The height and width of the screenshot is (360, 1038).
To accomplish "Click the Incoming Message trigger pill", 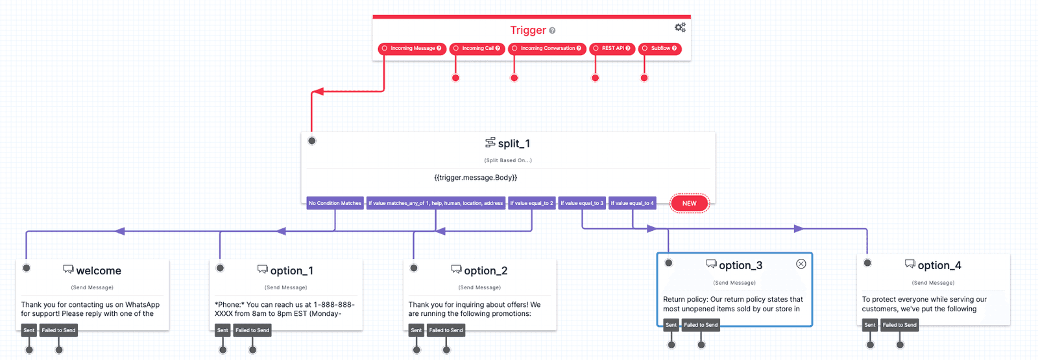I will point(412,49).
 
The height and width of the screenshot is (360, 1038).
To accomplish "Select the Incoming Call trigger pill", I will point(477,49).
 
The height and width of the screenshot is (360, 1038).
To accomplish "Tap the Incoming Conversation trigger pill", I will point(547,49).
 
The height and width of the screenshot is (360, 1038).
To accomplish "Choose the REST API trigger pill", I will point(612,49).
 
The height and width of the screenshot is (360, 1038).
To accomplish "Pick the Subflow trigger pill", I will point(660,49).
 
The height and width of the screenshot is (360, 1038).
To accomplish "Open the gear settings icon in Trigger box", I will point(680,27).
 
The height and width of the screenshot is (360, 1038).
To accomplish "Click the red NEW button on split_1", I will point(689,204).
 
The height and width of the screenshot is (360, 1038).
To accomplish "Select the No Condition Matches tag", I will point(335,204).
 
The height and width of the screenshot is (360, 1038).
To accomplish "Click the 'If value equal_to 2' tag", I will point(531,204).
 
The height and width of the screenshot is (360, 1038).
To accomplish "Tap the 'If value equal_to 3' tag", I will point(582,204).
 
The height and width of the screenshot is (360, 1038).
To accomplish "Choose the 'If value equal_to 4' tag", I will point(632,204).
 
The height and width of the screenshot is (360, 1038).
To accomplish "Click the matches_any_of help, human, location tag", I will point(435,204).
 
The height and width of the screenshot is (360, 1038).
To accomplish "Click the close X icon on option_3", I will point(801,264).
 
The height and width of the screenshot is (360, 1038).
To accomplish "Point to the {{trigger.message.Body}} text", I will point(476,178).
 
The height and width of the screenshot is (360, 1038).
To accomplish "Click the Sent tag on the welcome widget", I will point(29,330).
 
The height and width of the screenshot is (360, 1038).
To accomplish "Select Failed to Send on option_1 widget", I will point(252,330).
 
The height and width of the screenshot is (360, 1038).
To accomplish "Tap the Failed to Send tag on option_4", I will point(899,325).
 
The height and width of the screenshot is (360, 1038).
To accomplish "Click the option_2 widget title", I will point(485,270).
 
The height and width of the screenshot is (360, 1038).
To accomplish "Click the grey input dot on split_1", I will point(312,141).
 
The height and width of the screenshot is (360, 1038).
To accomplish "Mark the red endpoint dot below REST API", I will point(596,78).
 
